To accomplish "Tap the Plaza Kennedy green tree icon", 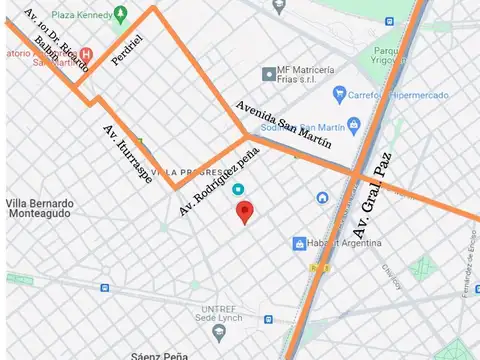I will [x=121, y=15].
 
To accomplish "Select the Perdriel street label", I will [x=127, y=48].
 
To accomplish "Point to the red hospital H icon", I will [x=86, y=54].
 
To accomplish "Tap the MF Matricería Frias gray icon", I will [x=268, y=74].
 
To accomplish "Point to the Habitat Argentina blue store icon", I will [x=299, y=244].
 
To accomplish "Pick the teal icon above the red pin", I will [x=237, y=189].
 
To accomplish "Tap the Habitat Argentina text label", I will [x=341, y=244].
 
